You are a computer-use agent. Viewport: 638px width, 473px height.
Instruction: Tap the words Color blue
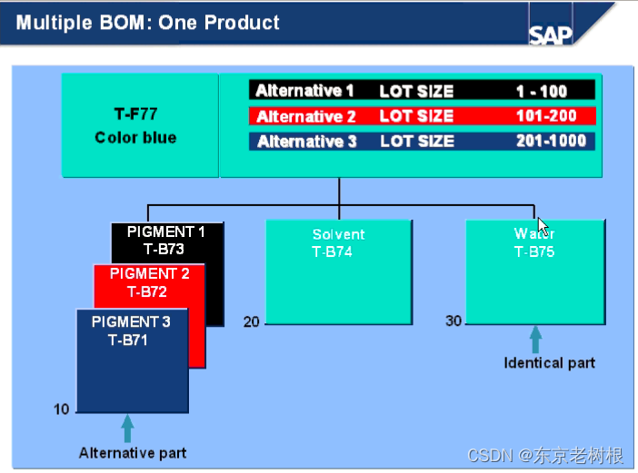point(135,138)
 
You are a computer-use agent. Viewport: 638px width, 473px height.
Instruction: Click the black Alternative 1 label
point(304,91)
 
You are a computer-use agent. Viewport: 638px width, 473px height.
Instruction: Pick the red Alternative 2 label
point(305,116)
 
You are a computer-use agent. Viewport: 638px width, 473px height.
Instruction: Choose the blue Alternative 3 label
point(306,142)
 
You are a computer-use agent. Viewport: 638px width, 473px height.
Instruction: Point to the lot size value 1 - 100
point(541,91)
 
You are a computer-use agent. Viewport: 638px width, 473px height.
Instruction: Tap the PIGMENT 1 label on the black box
point(166,232)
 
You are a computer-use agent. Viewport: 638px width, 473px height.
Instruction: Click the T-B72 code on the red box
point(147,291)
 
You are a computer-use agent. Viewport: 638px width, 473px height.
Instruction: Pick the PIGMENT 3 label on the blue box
point(131,321)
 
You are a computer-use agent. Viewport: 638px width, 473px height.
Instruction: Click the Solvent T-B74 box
point(338,271)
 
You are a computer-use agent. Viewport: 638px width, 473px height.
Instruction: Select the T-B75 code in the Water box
point(533,252)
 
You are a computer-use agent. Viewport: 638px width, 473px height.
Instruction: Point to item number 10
point(61,409)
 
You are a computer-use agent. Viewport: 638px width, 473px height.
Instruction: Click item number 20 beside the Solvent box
point(251,321)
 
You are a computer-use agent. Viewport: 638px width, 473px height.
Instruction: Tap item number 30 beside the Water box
point(454,321)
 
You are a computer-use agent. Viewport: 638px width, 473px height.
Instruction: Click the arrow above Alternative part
point(127,428)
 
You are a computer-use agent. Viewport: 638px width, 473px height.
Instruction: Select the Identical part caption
point(549,363)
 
